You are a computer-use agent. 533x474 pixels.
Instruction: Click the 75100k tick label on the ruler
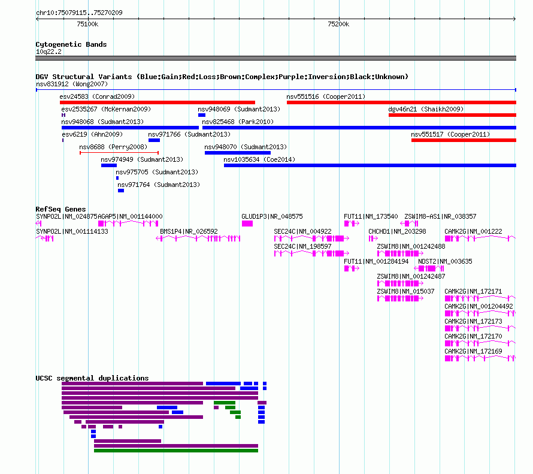point(87,24)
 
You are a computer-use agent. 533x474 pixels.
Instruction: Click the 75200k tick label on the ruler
point(338,24)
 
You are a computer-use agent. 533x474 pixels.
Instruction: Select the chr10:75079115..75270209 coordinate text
point(79,13)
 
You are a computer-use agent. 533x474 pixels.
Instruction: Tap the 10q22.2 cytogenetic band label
point(49,52)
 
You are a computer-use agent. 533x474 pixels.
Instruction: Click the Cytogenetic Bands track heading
point(71,44)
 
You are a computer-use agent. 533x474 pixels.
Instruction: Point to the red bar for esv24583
point(158,102)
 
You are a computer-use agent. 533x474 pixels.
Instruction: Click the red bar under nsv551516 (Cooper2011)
point(401,102)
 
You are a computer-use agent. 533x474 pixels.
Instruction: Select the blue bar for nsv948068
point(130,128)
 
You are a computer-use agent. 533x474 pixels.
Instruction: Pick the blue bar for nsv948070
point(238,153)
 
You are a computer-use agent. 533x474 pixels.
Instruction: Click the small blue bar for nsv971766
point(154,140)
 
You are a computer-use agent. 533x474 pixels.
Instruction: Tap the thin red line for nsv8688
point(119,153)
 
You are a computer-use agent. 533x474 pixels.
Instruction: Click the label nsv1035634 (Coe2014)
point(259,159)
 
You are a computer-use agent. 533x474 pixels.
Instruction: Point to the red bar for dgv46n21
point(452,115)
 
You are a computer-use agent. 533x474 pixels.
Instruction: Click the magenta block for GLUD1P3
point(247,224)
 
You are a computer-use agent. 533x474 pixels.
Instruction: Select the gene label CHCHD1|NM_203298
point(397,231)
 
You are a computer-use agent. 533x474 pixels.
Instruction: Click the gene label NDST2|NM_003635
point(445,261)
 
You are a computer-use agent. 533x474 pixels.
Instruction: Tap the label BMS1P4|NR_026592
point(189,231)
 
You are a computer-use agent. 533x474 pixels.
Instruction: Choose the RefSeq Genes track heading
point(60,209)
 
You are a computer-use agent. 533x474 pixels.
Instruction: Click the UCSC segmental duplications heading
point(92,378)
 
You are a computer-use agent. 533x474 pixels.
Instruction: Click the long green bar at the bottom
point(176,451)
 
